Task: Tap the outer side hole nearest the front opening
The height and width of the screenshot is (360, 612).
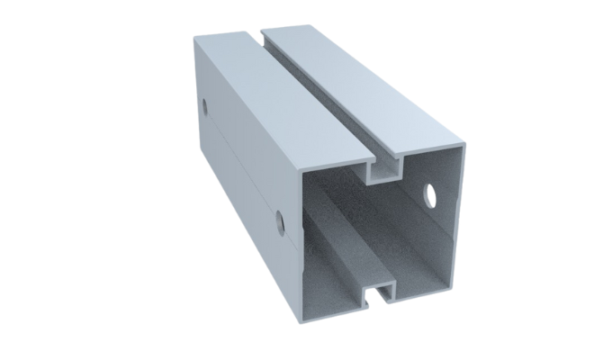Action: coord(280,219)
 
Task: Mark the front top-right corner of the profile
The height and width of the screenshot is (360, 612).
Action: coord(465,143)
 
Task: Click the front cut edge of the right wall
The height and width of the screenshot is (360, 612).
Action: coord(461,216)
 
